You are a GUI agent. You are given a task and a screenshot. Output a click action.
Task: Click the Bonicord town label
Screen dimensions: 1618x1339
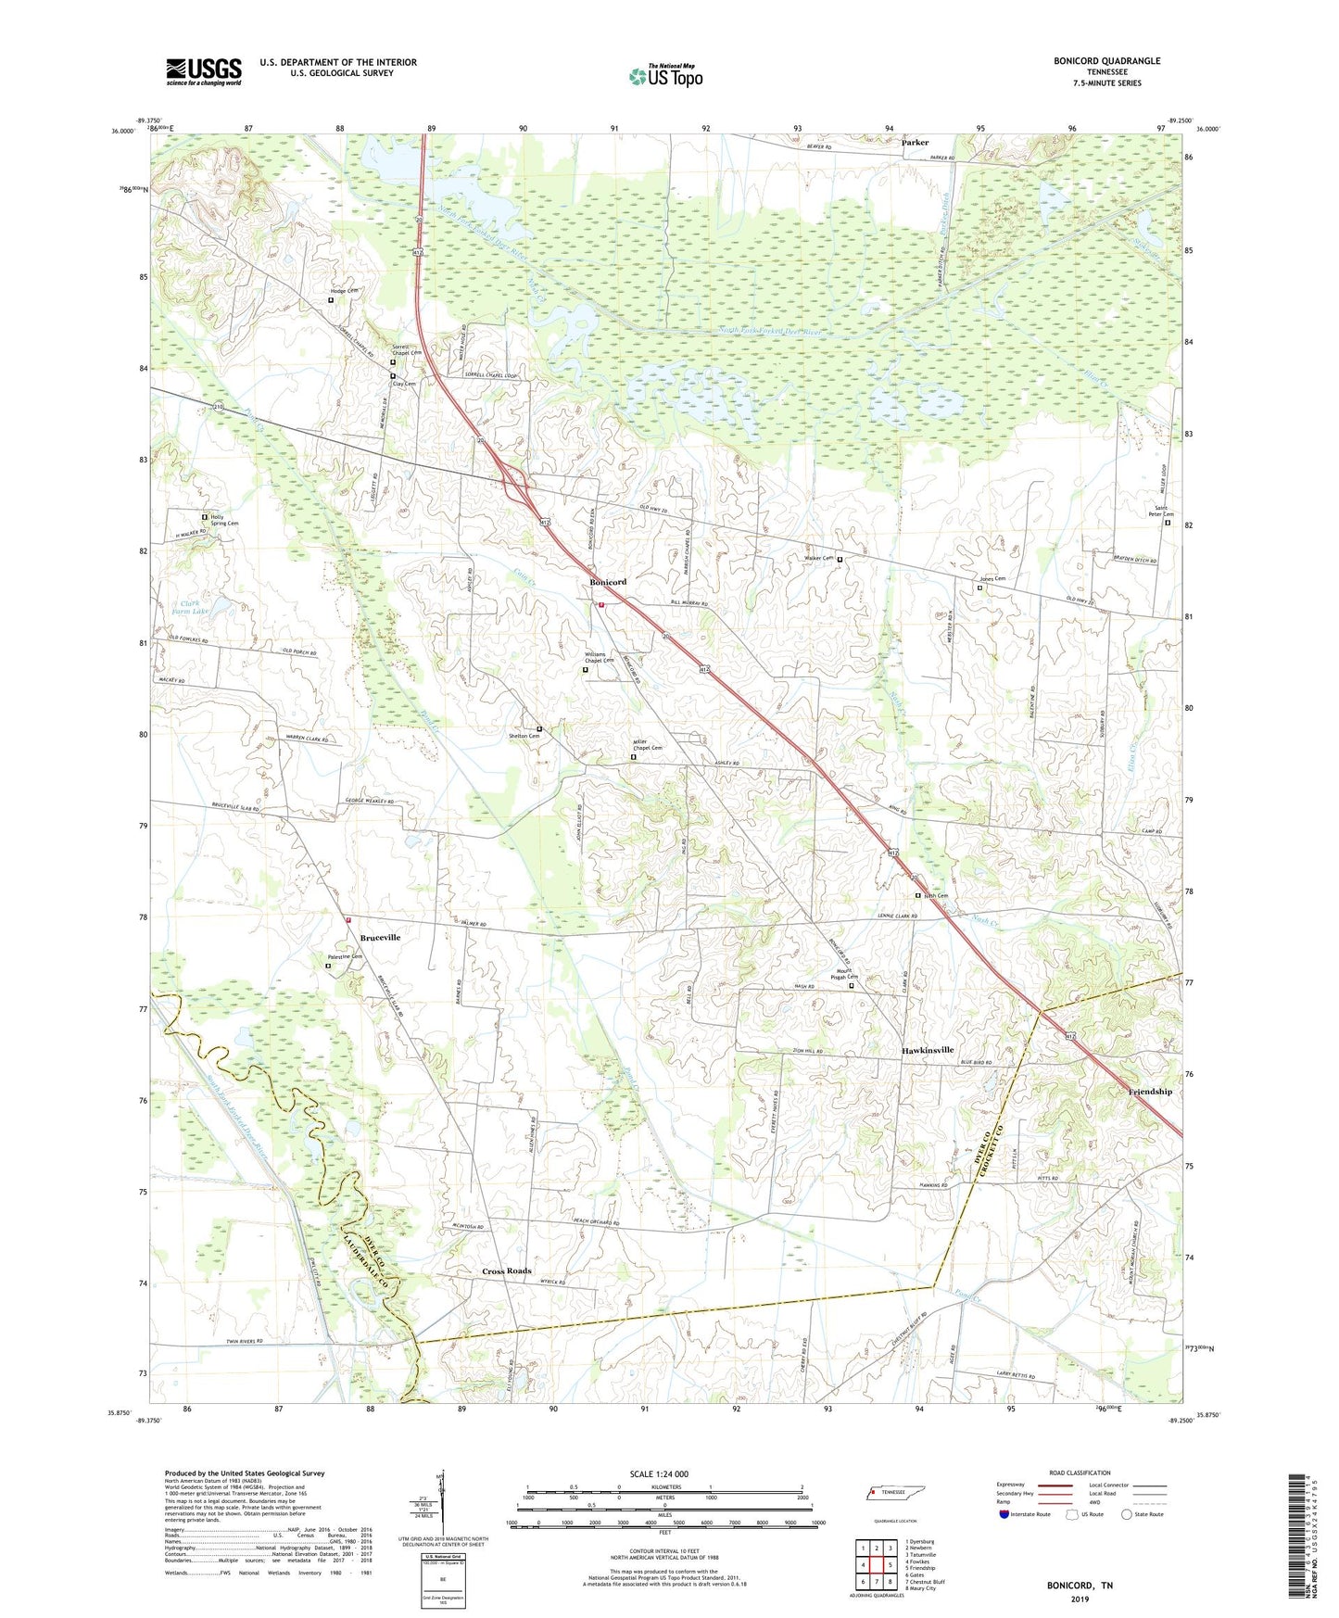[608, 582]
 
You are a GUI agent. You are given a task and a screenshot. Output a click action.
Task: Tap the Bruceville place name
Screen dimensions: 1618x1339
[368, 938]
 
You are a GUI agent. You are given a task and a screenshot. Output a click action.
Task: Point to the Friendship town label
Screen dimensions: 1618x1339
[1150, 1092]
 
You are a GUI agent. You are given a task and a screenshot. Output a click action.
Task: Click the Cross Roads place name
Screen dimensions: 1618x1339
[506, 1270]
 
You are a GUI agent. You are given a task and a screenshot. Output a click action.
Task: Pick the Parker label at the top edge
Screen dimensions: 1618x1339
[915, 143]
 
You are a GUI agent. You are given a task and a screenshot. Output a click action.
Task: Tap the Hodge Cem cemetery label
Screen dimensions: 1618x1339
[344, 291]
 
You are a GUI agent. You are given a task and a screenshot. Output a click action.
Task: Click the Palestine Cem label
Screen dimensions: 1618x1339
[344, 956]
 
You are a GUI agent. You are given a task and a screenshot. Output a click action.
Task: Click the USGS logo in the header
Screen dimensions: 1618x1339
[204, 71]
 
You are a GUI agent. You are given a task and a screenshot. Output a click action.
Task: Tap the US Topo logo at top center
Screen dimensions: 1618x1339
[664, 76]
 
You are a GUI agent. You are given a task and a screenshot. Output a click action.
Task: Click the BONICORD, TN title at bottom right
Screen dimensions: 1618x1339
[1080, 1586]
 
